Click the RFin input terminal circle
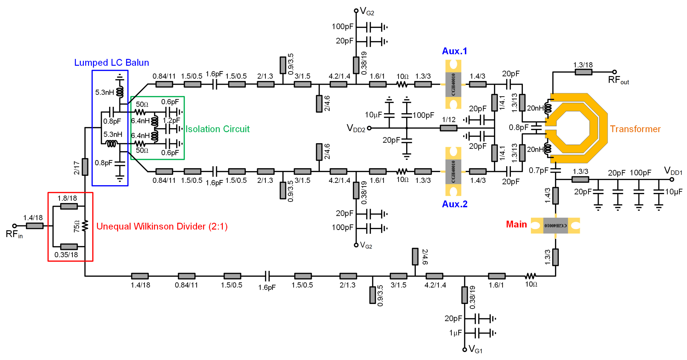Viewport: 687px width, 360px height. click(15, 226)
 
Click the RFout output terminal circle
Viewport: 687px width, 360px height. click(614, 72)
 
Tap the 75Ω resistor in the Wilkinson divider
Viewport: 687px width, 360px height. click(85, 226)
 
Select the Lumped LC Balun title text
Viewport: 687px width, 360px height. click(112, 62)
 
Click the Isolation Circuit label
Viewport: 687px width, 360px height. click(217, 129)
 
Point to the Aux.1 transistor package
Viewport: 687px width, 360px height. click(453, 84)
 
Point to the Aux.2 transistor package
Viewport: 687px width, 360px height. click(453, 172)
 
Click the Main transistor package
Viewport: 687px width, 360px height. click(555, 226)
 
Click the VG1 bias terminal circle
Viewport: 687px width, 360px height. click(465, 349)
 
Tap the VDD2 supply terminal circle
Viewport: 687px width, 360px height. click(369, 128)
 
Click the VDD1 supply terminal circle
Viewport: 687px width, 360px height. click(672, 179)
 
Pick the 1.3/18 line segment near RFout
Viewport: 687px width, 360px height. click(583, 72)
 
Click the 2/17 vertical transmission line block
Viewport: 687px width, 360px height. click(85, 167)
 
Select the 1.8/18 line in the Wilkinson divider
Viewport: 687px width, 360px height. click(69, 206)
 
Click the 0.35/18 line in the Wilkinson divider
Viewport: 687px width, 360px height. click(69, 247)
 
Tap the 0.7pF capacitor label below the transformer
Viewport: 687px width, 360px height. click(538, 170)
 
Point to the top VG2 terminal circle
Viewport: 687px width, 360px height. click(356, 11)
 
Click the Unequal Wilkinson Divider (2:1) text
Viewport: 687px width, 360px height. click(162, 226)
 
